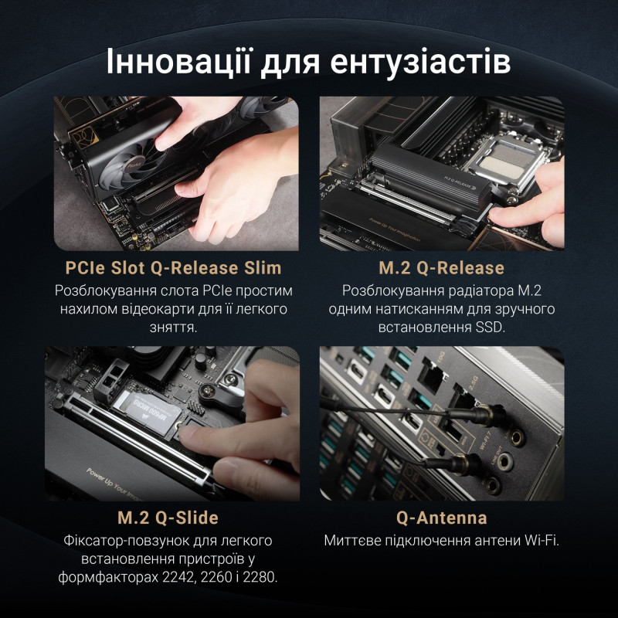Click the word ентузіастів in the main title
[x=420, y=63]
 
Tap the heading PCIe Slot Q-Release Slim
[x=173, y=269]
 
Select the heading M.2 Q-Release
[x=441, y=269]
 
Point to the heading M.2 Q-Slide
[x=173, y=517]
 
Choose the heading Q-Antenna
[x=441, y=517]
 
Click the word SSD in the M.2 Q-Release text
[x=489, y=328]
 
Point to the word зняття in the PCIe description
[x=173, y=328]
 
